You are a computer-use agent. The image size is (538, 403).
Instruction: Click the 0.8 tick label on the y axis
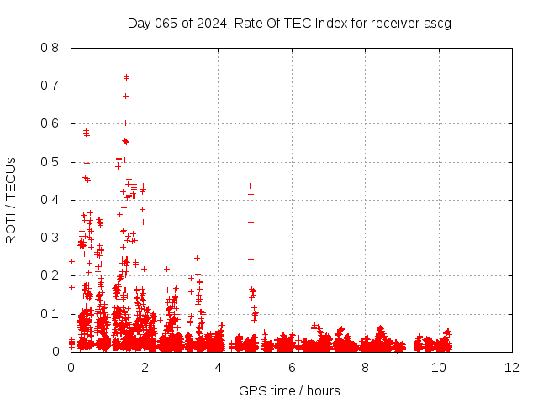point(52,48)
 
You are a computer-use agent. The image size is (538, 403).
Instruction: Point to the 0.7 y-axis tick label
point(52,86)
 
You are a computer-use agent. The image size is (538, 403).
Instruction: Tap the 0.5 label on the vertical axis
point(52,161)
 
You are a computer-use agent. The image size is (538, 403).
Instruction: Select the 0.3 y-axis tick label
point(52,238)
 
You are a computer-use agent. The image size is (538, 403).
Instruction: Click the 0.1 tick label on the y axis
point(52,313)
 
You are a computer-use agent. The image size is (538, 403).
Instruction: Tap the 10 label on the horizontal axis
point(439,367)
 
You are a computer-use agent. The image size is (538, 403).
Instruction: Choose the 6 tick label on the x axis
point(292,367)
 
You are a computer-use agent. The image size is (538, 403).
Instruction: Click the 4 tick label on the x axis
point(218,367)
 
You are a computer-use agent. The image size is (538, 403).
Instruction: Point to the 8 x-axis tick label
point(365,367)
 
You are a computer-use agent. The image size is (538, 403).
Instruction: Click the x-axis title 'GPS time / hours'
point(289,390)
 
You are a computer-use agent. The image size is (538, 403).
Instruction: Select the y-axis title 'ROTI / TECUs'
point(11,200)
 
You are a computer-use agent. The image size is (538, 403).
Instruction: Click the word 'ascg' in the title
point(437,23)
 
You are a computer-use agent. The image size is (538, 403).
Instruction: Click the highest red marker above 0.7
point(126,77)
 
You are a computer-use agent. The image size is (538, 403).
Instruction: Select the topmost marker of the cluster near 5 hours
point(250,186)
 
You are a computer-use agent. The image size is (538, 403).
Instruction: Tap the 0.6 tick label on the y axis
point(52,123)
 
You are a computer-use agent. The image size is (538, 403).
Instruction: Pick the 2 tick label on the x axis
point(145,367)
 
